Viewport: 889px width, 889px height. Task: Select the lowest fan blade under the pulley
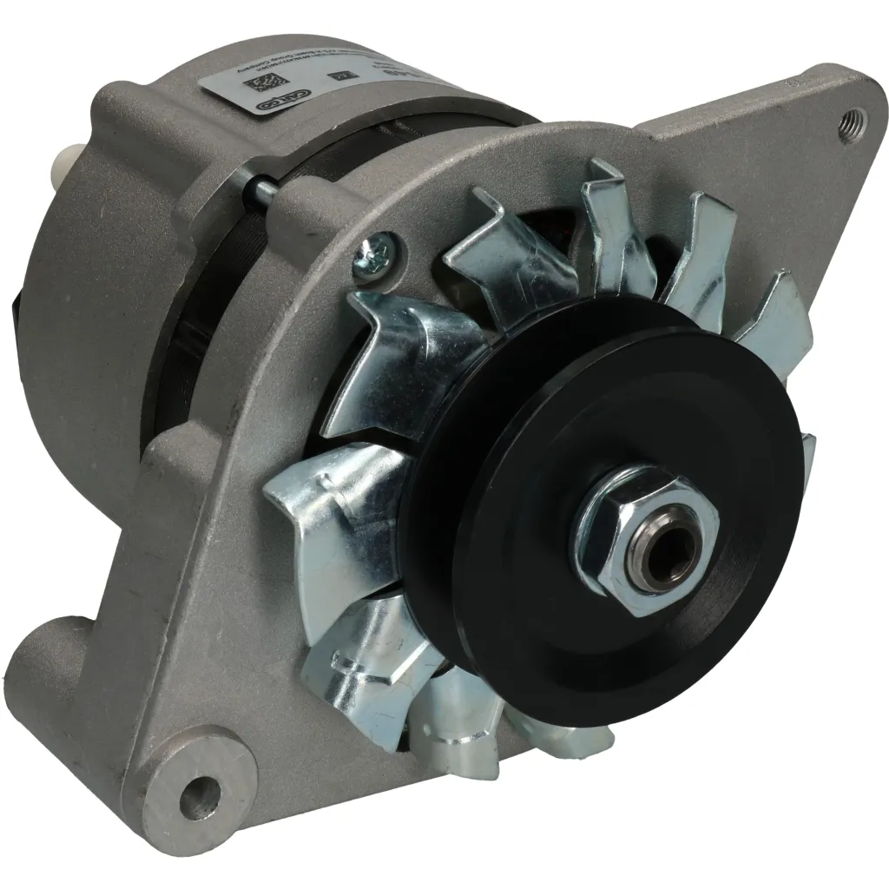click(x=451, y=721)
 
